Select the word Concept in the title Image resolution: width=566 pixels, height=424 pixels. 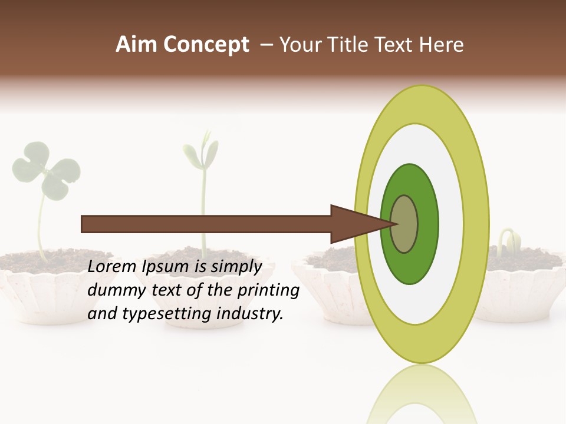pyautogui.click(x=206, y=45)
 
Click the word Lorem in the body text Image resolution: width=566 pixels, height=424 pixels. pyautogui.click(x=113, y=266)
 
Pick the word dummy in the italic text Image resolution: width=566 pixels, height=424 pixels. pyautogui.click(x=114, y=290)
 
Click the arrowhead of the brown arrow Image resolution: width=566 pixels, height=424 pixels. pyautogui.click(x=354, y=224)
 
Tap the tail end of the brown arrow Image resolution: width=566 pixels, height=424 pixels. pyautogui.click(x=85, y=224)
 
